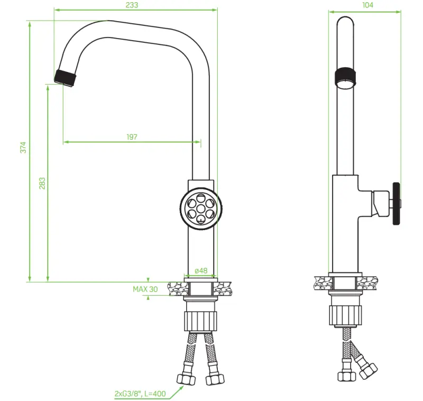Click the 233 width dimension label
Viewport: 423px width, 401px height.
tap(132, 5)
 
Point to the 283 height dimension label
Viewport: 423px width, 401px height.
tap(42, 183)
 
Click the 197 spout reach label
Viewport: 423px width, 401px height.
tap(132, 136)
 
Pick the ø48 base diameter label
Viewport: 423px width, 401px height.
tap(201, 271)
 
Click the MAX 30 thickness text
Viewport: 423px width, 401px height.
tap(145, 289)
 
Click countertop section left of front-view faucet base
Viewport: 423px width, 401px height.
tap(177, 288)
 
